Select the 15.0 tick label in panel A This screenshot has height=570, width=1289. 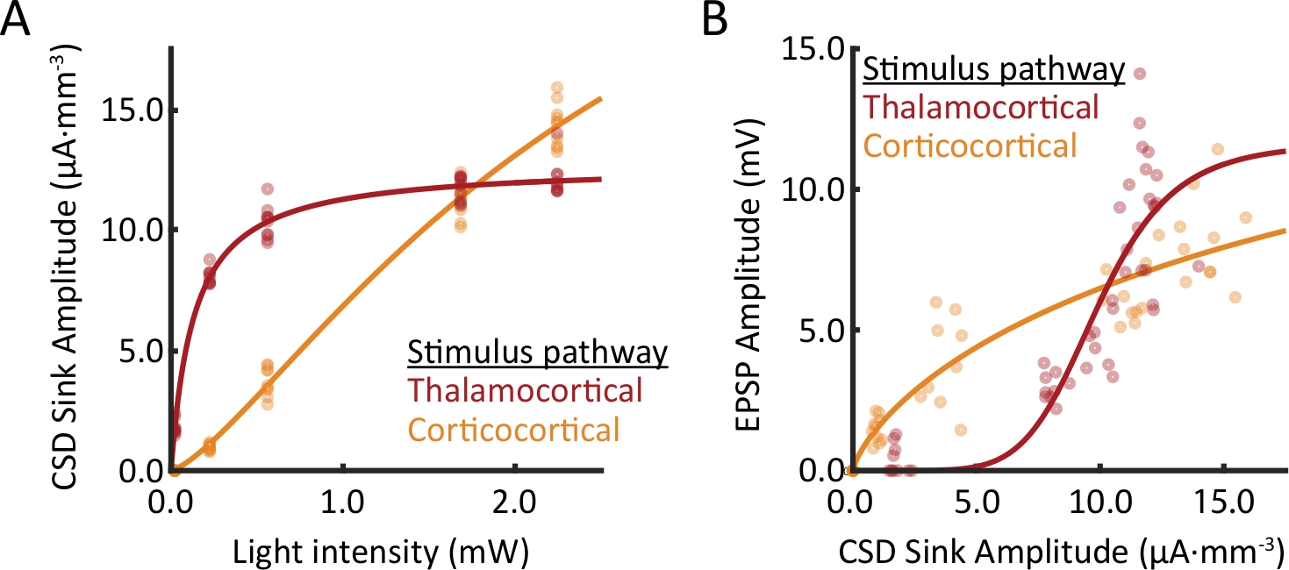click(x=129, y=111)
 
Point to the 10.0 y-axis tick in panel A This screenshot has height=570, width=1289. click(x=129, y=231)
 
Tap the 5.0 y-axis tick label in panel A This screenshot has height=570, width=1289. click(x=137, y=352)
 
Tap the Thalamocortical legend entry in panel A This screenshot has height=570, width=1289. click(x=525, y=390)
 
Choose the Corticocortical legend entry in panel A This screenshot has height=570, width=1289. click(x=513, y=430)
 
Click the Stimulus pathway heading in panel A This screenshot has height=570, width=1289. click(x=537, y=353)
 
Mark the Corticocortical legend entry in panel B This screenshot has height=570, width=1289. click(x=970, y=146)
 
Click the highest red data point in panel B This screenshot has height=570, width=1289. click(x=1140, y=74)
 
